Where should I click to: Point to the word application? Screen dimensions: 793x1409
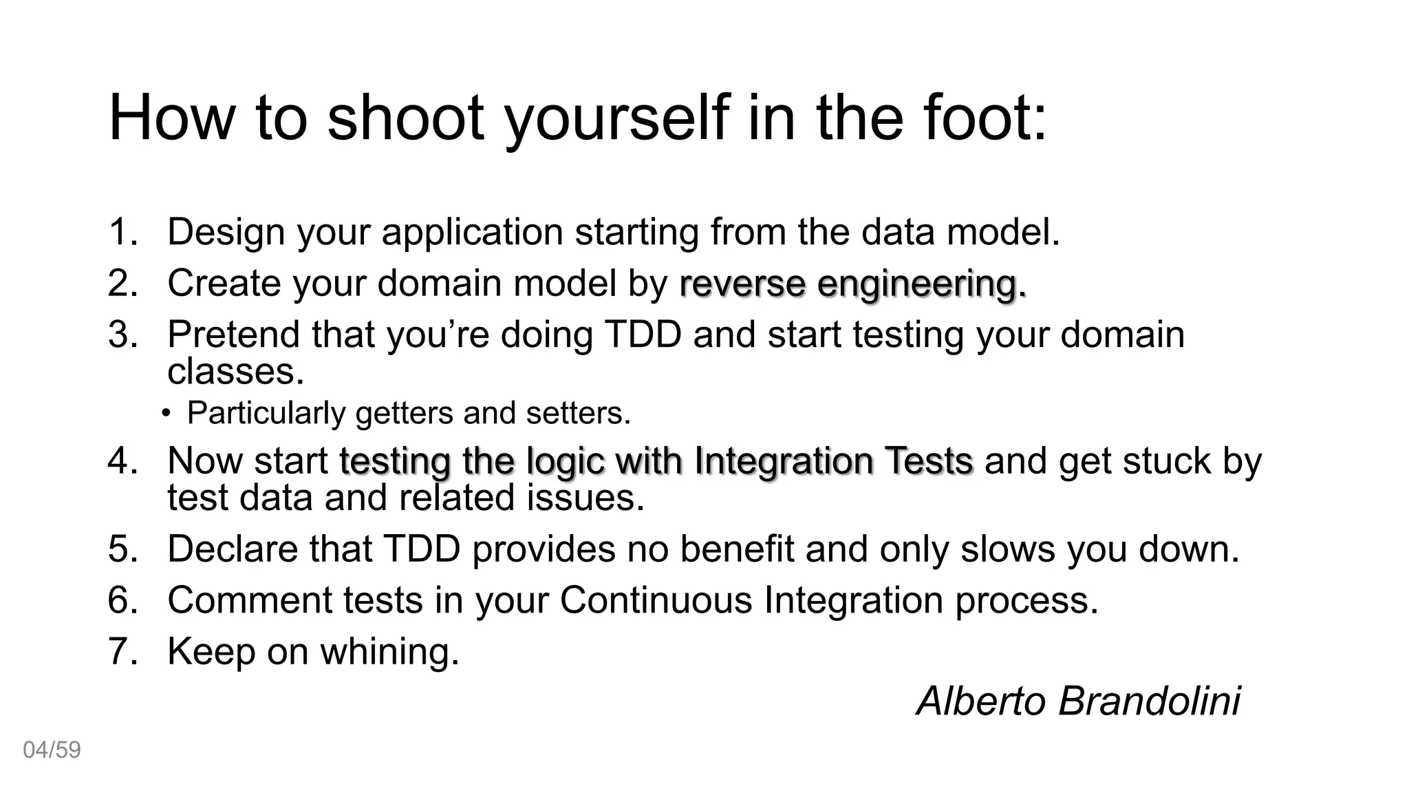(472, 233)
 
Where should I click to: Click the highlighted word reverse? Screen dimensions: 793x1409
(742, 284)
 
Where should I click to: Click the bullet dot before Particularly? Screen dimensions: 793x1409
(166, 414)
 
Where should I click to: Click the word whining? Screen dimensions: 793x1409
(389, 651)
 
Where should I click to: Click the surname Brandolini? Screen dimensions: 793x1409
(1149, 701)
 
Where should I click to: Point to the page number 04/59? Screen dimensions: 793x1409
(52, 750)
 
